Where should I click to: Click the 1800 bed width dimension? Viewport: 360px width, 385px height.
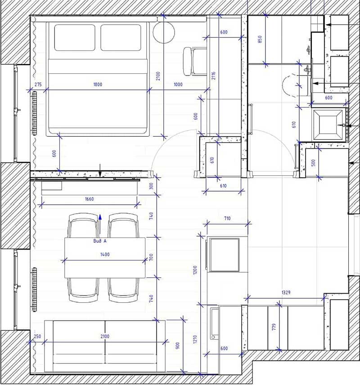[x=98, y=85]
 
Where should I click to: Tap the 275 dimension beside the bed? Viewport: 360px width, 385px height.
[x=38, y=85]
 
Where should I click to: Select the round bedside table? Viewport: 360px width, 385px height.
[x=164, y=32]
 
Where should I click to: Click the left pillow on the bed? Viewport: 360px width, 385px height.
[x=75, y=38]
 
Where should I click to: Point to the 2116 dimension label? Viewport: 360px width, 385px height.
[x=213, y=76]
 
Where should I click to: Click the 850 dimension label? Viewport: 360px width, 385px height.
[x=260, y=39]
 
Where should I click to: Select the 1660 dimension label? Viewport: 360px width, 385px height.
[x=89, y=199]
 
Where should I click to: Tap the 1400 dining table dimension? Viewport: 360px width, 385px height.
[x=105, y=255]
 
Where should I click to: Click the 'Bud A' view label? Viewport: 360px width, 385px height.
[x=100, y=241]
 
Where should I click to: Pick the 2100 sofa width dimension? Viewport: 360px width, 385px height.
[x=105, y=336]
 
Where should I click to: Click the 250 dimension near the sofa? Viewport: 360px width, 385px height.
[x=37, y=336]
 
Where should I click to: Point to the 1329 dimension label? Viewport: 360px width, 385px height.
[x=286, y=292]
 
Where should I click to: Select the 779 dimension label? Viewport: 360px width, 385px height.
[x=274, y=327]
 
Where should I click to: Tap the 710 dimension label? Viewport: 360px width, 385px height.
[x=227, y=218]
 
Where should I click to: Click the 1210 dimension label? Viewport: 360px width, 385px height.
[x=195, y=339]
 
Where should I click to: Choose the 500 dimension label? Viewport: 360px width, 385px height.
[x=313, y=162]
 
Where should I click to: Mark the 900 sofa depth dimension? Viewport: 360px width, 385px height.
[x=178, y=345]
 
